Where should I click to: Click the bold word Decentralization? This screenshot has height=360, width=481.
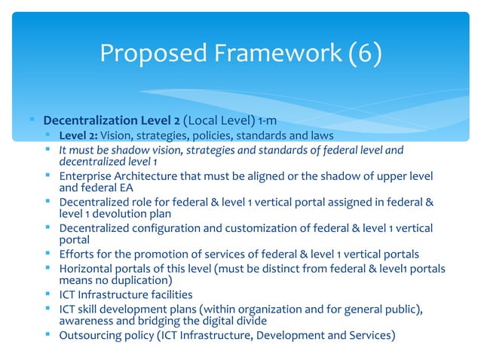86,121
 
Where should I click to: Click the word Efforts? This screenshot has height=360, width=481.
76,254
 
